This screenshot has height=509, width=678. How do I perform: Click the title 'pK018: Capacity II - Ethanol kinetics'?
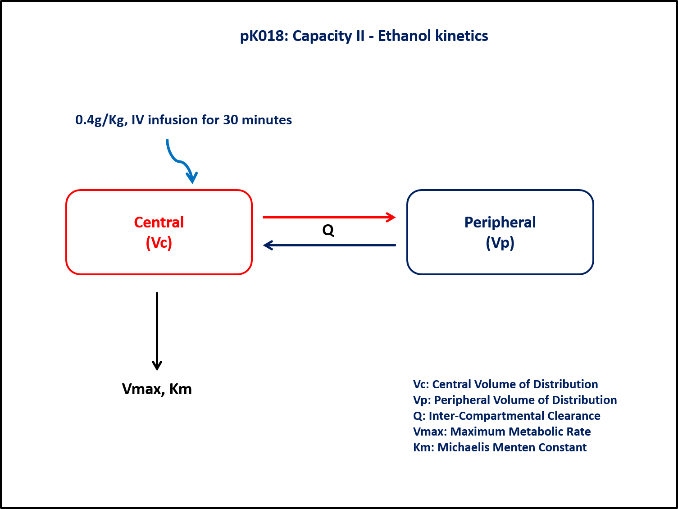(364, 36)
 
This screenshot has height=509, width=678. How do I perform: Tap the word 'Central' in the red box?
(159, 222)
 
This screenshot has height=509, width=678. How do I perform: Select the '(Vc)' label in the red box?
(159, 243)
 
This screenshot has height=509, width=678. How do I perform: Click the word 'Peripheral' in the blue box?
(500, 222)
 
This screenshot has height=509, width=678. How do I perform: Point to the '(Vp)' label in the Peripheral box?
(500, 243)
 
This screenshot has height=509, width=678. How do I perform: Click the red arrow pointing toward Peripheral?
(329, 218)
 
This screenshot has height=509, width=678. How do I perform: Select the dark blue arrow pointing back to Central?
(329, 245)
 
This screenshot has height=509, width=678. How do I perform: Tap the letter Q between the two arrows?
(328, 231)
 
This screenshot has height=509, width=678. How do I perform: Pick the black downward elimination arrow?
(157, 331)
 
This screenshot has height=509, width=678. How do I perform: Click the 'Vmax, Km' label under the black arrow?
(157, 389)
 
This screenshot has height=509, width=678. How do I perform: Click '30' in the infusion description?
(231, 120)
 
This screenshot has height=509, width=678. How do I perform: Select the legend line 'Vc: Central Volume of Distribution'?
(505, 384)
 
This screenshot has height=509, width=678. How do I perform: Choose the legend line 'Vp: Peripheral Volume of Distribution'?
(515, 400)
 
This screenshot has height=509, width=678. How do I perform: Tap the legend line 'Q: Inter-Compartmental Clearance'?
(507, 416)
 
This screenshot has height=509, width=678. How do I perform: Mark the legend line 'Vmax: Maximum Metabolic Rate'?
(502, 432)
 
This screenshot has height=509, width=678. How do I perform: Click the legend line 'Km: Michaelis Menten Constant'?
(500, 447)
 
